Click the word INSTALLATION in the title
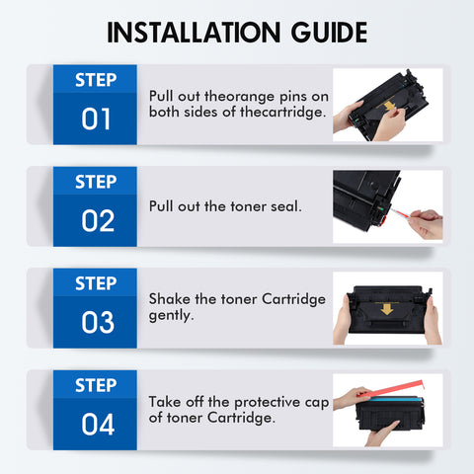(x=194, y=33)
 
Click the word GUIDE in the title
(x=329, y=33)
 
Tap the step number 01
(x=96, y=118)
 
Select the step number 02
(x=98, y=220)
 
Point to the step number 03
(x=98, y=322)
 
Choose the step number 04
(x=98, y=424)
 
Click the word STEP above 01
(x=96, y=80)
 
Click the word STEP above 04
(x=96, y=385)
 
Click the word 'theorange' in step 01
(x=239, y=97)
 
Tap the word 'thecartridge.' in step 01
(x=282, y=112)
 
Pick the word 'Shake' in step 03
(x=170, y=299)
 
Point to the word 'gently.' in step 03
(x=171, y=316)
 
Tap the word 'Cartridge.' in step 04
(x=241, y=418)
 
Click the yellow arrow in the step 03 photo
(x=387, y=309)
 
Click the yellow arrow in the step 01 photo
(x=389, y=106)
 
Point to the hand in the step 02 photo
(x=426, y=224)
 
